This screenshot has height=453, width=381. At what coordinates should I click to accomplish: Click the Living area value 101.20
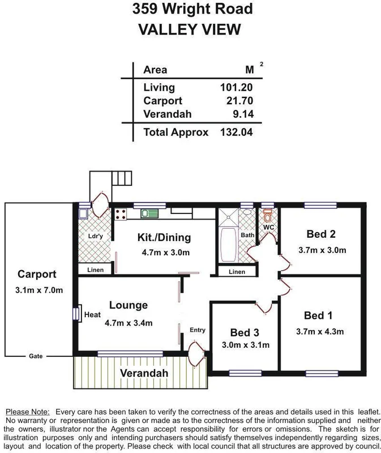pos(236,88)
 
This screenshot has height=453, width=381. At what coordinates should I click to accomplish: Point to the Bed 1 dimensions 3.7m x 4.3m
pos(320,332)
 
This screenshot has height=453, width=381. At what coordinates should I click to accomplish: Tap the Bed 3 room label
pos(245,332)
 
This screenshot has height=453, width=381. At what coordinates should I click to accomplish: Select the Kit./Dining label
pos(165,237)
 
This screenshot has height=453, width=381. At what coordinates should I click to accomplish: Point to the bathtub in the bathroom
pos(228,243)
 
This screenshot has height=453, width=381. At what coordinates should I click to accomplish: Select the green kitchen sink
pos(150,213)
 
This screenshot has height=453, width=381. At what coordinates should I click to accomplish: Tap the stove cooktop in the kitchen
pos(121,214)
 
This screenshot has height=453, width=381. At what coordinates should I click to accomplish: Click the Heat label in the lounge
pos(92,314)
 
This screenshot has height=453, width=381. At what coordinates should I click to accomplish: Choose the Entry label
pos(198,330)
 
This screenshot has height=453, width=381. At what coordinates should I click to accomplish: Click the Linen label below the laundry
pos(96,270)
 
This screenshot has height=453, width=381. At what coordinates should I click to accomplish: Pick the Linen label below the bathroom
pos(237,272)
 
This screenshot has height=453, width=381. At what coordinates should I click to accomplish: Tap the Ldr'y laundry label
pos(93,236)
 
